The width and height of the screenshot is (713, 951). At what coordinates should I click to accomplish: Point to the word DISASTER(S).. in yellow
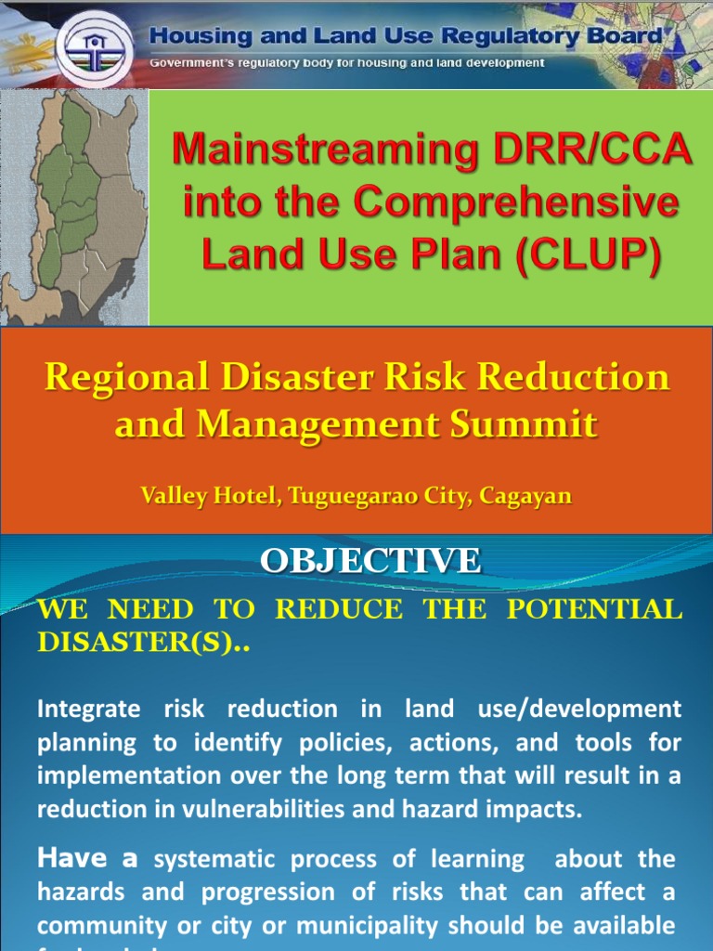point(143,642)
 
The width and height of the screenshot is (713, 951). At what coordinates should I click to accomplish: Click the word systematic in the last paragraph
point(215,860)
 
